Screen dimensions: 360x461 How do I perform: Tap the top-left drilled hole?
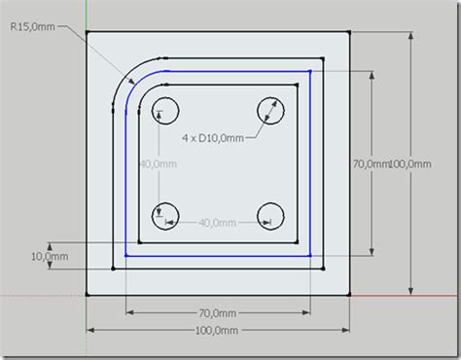click(162, 110)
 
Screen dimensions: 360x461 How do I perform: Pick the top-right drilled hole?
click(268, 111)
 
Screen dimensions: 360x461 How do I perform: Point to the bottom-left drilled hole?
click(163, 214)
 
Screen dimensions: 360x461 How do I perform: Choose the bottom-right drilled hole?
click(269, 214)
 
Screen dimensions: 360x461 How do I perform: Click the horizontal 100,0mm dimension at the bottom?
click(216, 331)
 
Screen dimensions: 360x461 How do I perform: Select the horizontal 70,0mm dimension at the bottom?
click(216, 312)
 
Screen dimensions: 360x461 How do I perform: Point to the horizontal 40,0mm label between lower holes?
click(217, 223)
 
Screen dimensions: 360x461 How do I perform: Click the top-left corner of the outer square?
click(88, 32)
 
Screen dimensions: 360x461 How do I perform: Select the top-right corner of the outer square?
click(351, 32)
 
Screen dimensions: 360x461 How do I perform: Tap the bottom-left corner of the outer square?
click(88, 294)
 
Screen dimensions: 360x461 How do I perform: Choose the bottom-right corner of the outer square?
click(351, 294)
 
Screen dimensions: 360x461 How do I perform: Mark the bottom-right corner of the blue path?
click(309, 255)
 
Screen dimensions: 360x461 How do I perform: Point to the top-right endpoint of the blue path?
click(309, 70)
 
